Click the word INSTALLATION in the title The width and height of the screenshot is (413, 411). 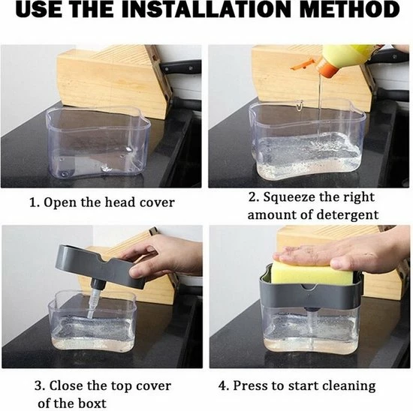pyautogui.click(x=206, y=10)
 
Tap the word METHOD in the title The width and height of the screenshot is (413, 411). pyautogui.click(x=349, y=10)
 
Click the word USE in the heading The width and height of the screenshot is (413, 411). pyautogui.click(x=39, y=10)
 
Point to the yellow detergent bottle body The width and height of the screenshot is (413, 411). pyautogui.click(x=351, y=56)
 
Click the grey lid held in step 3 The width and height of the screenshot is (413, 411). pyautogui.click(x=100, y=266)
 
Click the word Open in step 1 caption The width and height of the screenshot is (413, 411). pyautogui.click(x=61, y=203)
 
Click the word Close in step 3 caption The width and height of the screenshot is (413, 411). pyautogui.click(x=66, y=386)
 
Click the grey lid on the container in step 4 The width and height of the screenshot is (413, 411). pyautogui.click(x=309, y=292)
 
